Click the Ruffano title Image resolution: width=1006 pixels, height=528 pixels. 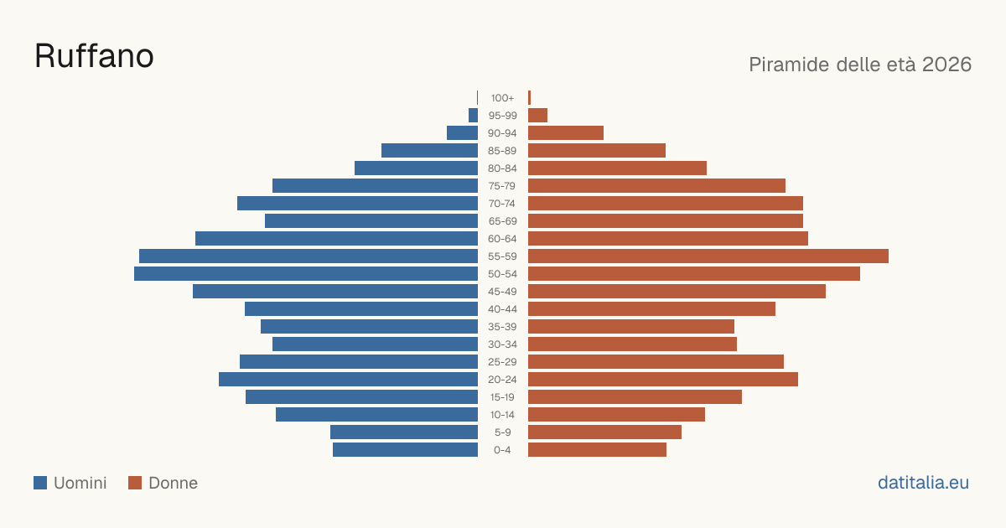[x=94, y=56]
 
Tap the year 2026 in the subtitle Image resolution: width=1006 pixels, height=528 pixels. [x=946, y=65]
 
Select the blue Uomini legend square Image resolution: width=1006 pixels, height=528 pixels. [x=40, y=483]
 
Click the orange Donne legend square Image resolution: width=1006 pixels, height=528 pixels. [x=135, y=483]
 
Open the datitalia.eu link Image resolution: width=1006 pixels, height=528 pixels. [x=923, y=483]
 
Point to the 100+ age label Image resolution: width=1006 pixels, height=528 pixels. [x=502, y=98]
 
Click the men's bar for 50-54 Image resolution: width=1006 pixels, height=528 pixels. [x=306, y=274]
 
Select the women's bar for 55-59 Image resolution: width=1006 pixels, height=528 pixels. [x=708, y=256]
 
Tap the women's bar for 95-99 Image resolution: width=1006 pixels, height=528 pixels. [x=537, y=116]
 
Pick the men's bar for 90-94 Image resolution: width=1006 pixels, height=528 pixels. [x=462, y=133]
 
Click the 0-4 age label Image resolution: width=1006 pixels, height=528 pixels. [x=502, y=450]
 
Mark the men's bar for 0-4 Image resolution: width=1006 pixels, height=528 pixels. [x=405, y=450]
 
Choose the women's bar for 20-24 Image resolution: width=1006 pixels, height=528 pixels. [x=663, y=380]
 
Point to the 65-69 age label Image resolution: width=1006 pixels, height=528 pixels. [x=502, y=221]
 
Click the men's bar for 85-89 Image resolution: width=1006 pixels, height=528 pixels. [x=429, y=150]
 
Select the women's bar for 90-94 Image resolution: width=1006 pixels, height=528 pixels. [x=566, y=133]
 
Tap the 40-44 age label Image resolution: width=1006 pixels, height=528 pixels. [x=502, y=309]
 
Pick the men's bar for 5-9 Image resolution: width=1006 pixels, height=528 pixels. [x=404, y=432]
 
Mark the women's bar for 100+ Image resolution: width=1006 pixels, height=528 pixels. [x=530, y=98]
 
